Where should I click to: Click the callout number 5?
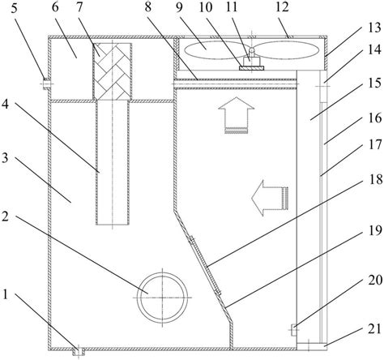pos(14,8)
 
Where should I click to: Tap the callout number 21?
pos(375,329)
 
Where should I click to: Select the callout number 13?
pos(374,28)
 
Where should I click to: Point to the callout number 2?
pos(6,216)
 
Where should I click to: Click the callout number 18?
pos(375,179)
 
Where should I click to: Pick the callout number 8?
pos(148,7)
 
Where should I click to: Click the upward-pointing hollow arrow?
pos(237,115)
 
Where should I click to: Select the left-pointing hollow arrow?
pos(270,198)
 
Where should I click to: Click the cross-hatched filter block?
pos(112,71)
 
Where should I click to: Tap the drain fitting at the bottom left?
pos(79,351)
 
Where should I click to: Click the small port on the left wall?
pos(46,84)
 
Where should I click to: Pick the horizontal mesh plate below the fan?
pos(236,84)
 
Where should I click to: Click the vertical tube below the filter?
pos(113,162)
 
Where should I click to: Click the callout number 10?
pos(206,7)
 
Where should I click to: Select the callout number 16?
pos(375,118)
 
